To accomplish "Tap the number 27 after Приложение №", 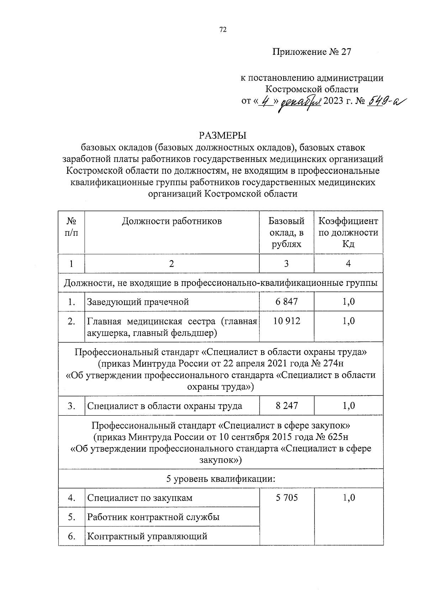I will click(346, 52).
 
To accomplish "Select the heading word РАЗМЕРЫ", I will click(223, 136).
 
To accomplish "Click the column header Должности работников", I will click(172, 221).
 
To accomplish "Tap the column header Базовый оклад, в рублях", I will click(286, 232).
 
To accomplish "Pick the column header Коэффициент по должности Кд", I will click(348, 232).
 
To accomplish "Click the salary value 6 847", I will click(286, 302).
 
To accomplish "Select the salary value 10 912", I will click(286, 321).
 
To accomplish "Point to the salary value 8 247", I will click(286, 406).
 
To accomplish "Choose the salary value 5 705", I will click(286, 498).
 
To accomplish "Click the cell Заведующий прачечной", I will click(138, 302).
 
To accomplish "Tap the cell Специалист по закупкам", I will click(140, 498).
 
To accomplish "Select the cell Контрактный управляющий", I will click(147, 536).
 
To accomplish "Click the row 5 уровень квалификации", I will click(221, 479).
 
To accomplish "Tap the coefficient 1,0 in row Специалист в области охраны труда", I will click(348, 406).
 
